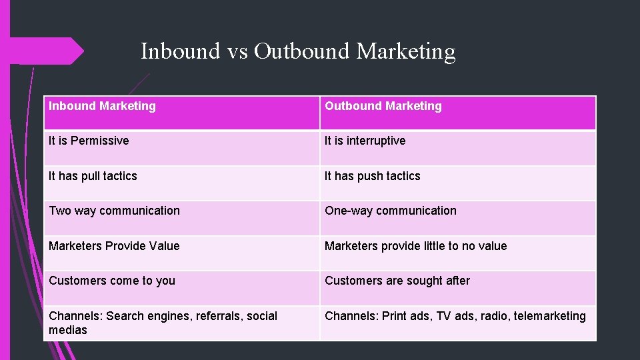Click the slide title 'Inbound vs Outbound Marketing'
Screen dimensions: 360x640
pos(298,51)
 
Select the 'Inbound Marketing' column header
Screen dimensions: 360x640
pos(102,106)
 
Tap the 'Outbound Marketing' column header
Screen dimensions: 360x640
pos(383,106)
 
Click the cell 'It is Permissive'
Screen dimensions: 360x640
pos(89,141)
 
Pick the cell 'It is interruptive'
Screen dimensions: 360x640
pos(365,141)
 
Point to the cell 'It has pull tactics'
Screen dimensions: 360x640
pos(93,176)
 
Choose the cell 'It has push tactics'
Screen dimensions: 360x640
pos(372,176)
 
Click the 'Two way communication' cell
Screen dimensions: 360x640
pos(114,211)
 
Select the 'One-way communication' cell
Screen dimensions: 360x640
pos(390,211)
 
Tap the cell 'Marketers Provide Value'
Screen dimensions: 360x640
pos(114,246)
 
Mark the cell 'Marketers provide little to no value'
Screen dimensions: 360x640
pos(415,246)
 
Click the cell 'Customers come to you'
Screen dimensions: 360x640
pos(112,281)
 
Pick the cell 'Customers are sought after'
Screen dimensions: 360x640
pos(397,281)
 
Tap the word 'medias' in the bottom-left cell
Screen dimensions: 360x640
pos(67,330)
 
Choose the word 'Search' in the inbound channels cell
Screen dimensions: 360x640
pos(125,316)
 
